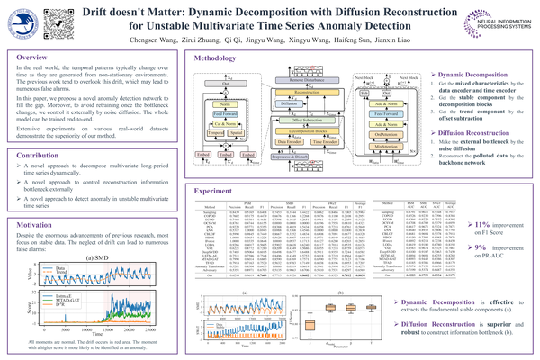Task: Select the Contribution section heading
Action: [x=37, y=155]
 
